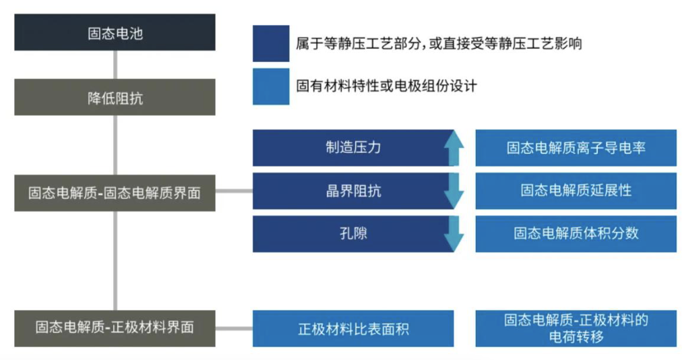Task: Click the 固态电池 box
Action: [x=115, y=32]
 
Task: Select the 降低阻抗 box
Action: [x=115, y=98]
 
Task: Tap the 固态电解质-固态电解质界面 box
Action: [x=115, y=192]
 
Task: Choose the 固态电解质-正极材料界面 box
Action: [x=115, y=328]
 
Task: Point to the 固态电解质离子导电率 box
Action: [x=576, y=148]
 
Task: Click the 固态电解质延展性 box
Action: [x=576, y=191]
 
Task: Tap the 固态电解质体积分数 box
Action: [x=576, y=234]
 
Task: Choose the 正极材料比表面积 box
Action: [x=353, y=329]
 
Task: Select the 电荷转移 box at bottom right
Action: [x=576, y=328]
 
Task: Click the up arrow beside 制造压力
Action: [x=455, y=147]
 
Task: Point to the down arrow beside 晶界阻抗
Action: [x=455, y=191]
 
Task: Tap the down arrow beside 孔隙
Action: [x=455, y=235]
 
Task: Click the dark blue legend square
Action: [x=271, y=44]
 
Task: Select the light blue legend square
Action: [x=271, y=86]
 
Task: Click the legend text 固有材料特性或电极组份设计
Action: [x=386, y=86]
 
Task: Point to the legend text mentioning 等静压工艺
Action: [x=439, y=44]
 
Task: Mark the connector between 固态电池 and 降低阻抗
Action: [x=115, y=65]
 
